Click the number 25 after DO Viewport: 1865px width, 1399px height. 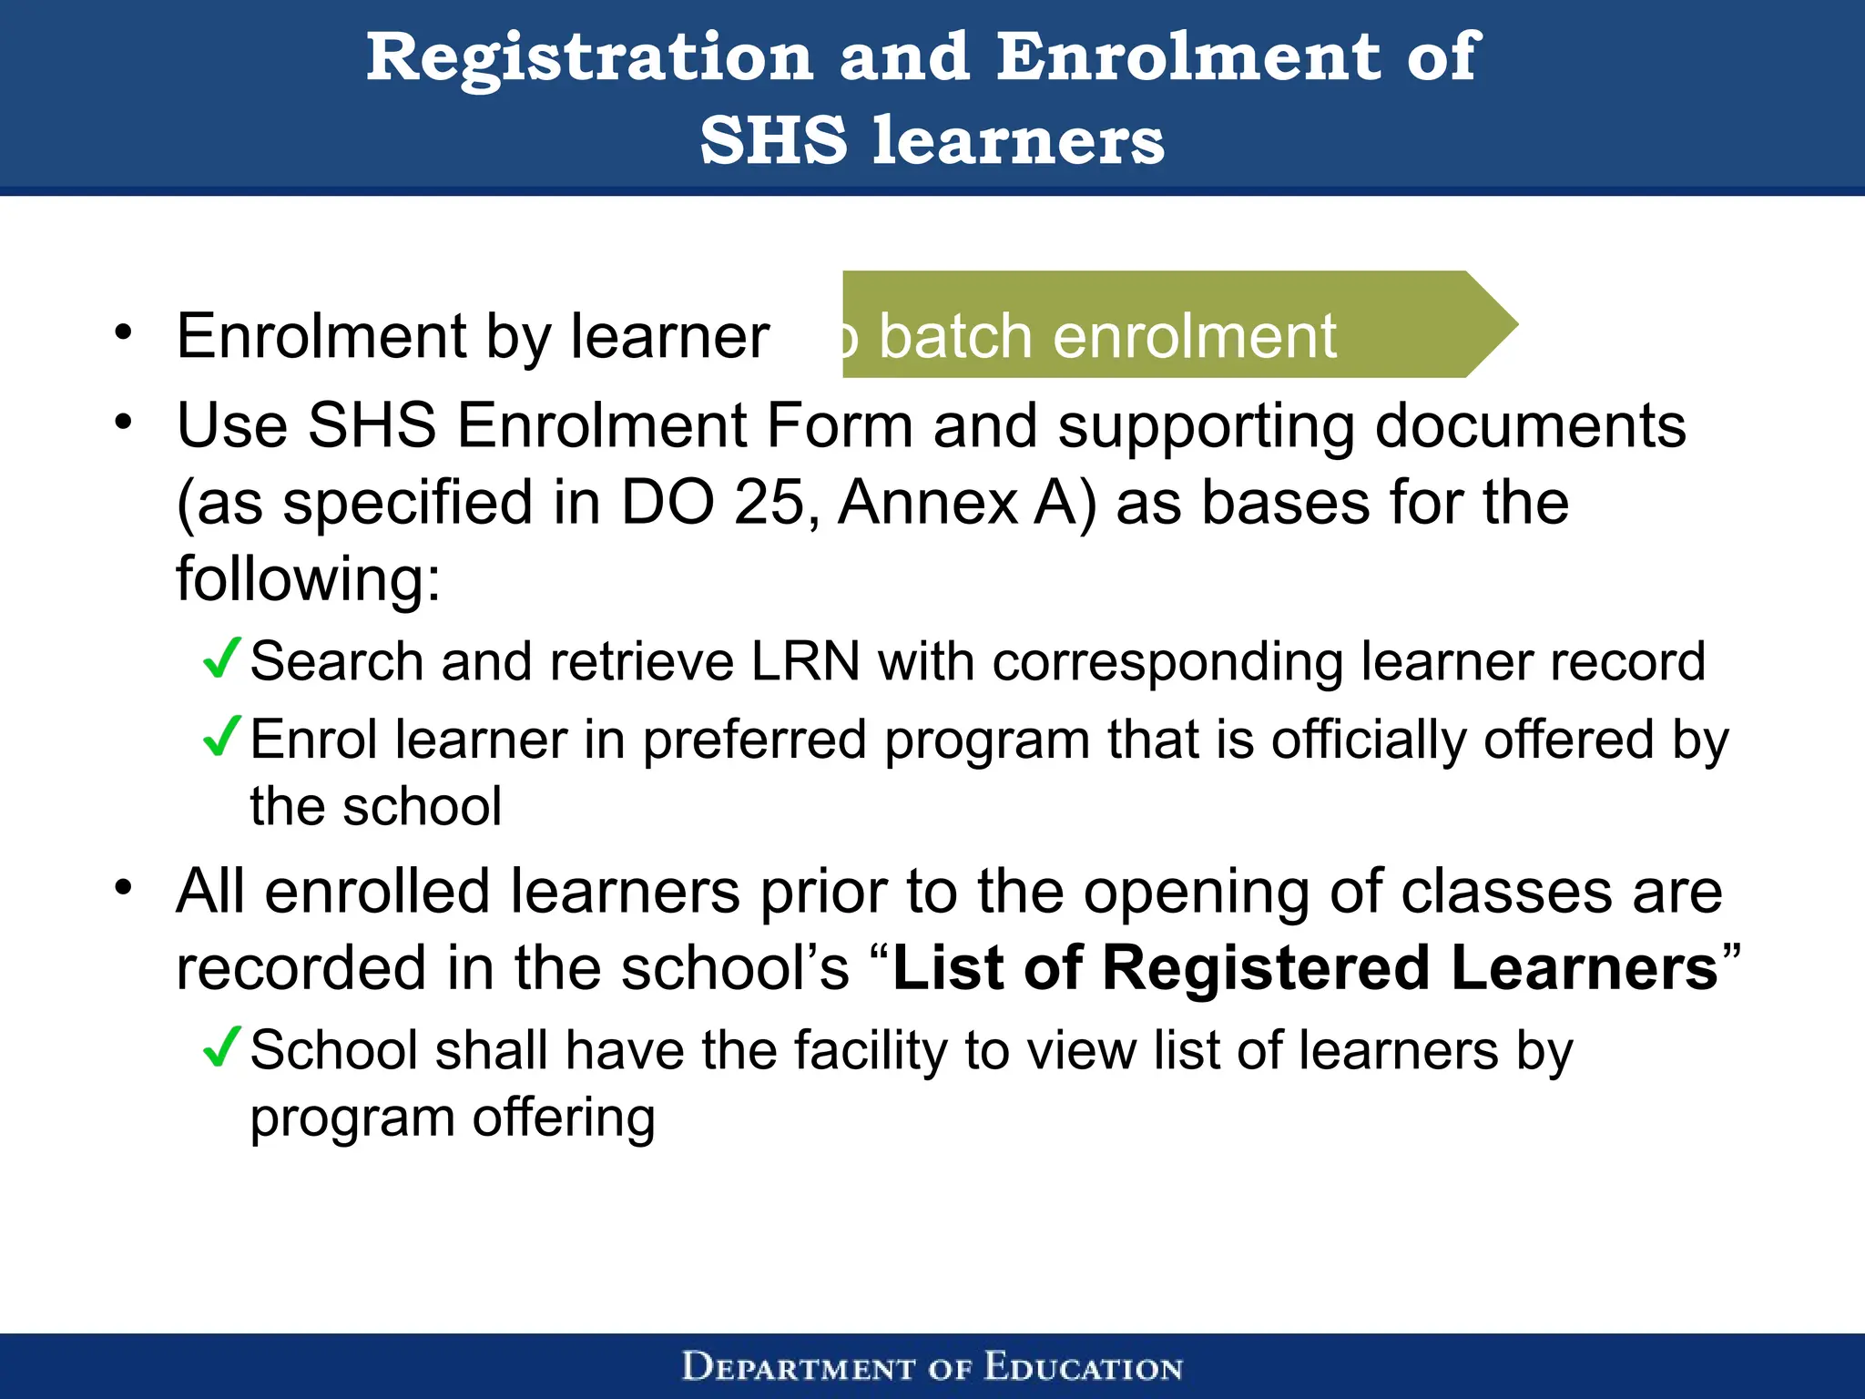[x=769, y=503]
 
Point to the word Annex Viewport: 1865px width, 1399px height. [x=927, y=503]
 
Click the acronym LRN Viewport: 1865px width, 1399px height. [x=805, y=661]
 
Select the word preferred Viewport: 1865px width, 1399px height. [x=754, y=740]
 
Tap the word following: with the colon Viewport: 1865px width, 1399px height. [x=308, y=579]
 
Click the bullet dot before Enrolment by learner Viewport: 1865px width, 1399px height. [x=124, y=332]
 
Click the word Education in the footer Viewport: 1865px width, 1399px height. [x=1083, y=1367]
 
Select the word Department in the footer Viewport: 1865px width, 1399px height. [x=798, y=1367]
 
